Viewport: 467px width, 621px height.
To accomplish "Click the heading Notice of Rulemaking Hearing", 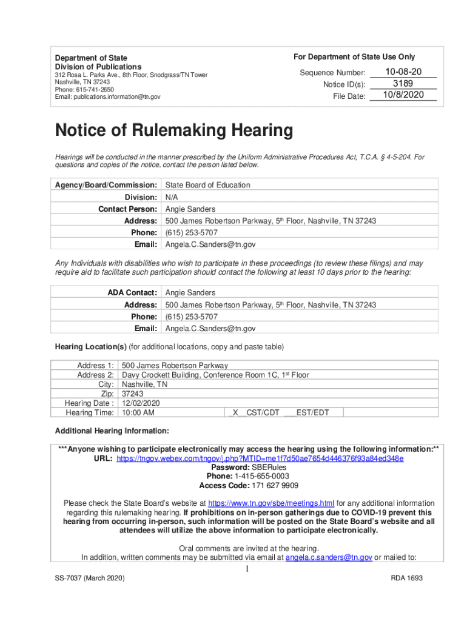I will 173,130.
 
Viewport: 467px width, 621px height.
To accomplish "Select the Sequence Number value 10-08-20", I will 403,72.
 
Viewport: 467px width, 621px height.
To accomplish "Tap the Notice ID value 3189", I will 403,84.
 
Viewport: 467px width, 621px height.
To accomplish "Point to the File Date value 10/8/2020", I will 403,95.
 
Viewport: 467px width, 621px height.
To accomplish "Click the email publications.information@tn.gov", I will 117,96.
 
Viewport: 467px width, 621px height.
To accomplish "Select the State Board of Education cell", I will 208,185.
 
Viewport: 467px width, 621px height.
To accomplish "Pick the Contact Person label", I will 129,209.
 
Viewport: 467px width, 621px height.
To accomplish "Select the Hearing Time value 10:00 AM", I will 138,413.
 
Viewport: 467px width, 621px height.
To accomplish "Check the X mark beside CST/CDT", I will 235,413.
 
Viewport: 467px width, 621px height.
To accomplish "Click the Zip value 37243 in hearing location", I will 133,394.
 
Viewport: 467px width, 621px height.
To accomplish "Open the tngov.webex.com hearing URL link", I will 260,458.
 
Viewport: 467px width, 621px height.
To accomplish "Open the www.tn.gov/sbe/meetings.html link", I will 271,503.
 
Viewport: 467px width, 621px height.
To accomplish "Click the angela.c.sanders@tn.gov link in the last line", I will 329,557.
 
